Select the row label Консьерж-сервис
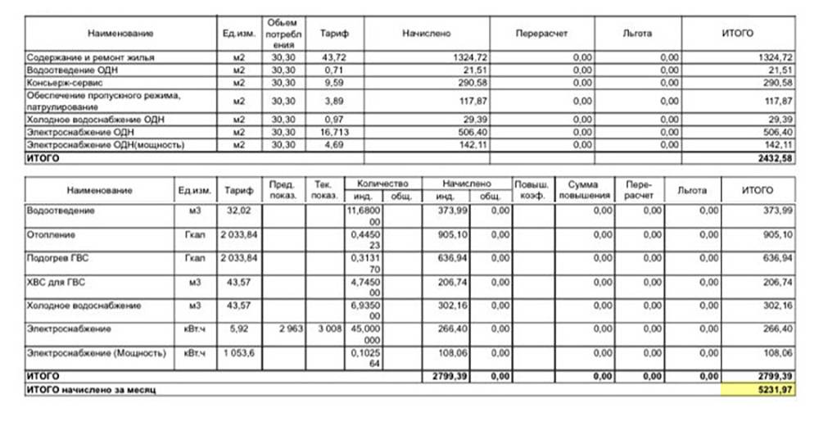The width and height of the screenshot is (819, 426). tap(55, 83)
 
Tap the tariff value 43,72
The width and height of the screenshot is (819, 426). tap(332, 57)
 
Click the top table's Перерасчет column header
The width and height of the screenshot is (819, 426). tap(541, 33)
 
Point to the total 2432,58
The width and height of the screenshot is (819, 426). tap(773, 156)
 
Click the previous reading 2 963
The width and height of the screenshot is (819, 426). tap(286, 328)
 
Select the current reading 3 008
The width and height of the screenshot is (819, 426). tap(325, 328)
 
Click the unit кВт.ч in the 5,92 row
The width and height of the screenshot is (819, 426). tap(194, 329)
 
